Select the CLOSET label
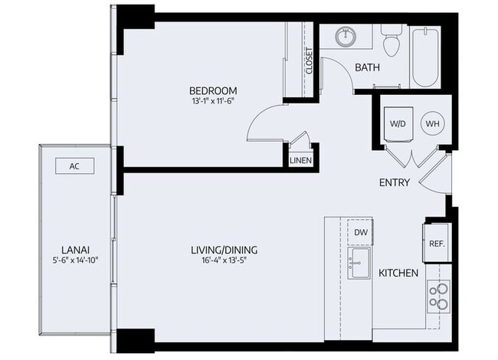click(310, 61)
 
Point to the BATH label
click(367, 67)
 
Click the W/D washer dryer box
click(398, 123)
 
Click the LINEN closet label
click(300, 161)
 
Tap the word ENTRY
click(395, 182)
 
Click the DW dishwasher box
click(360, 232)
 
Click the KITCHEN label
click(398, 273)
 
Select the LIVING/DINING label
click(224, 250)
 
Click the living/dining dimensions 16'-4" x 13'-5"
click(224, 260)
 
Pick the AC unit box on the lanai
click(74, 165)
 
